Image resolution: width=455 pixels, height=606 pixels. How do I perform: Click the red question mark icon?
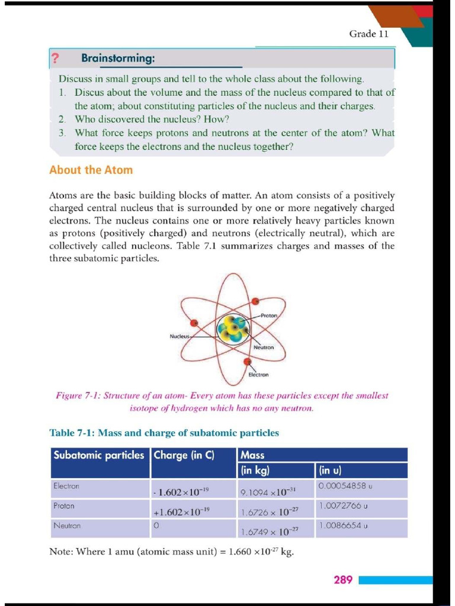pos(55,59)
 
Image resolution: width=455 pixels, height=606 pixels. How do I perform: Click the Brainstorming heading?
pos(118,59)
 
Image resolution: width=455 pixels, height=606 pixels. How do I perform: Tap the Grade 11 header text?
pos(369,34)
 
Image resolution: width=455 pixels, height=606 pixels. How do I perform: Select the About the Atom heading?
pos(91,170)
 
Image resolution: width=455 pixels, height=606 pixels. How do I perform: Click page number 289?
pos(343,579)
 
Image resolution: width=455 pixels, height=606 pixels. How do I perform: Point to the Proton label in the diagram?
pos(268,316)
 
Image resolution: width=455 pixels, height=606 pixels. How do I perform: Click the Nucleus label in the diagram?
pos(180,336)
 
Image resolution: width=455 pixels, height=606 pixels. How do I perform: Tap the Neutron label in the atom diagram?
pos(264,347)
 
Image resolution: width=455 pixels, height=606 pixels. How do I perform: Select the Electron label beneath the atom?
pos(258,375)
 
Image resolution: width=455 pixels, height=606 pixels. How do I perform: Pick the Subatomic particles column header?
pos(99,455)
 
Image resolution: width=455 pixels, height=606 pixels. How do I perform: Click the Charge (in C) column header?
pos(184,455)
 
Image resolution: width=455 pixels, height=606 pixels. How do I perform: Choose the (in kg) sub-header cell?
pos(255,471)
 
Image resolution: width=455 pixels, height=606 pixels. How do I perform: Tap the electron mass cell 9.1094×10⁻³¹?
pos(268,492)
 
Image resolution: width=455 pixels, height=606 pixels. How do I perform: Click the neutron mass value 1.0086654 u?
pos(343,526)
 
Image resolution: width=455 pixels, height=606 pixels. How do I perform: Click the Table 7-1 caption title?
pos(164,433)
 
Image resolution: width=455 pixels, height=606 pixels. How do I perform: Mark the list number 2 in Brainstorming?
pos(62,119)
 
